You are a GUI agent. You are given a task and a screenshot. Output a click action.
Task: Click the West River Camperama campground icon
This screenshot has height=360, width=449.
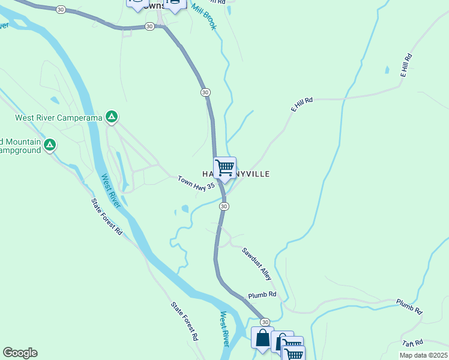[112, 117]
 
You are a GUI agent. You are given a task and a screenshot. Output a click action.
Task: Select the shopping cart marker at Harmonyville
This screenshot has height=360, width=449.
[225, 167]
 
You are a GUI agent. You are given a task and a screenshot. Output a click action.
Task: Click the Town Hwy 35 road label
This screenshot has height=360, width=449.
[196, 184]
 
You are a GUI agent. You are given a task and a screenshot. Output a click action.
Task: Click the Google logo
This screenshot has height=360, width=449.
[20, 353]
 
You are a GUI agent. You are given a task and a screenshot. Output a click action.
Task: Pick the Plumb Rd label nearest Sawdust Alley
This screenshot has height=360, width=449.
[262, 295]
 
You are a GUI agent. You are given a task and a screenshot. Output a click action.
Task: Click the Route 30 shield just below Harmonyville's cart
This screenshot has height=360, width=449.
[223, 206]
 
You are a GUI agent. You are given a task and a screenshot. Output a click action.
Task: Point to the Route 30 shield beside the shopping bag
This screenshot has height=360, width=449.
[265, 322]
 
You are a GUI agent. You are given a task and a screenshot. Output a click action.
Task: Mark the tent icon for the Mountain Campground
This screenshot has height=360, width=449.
[50, 145]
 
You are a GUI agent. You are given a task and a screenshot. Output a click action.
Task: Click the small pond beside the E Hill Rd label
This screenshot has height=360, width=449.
[387, 70]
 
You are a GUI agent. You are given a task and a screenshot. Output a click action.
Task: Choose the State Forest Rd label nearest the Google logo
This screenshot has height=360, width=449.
[185, 321]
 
